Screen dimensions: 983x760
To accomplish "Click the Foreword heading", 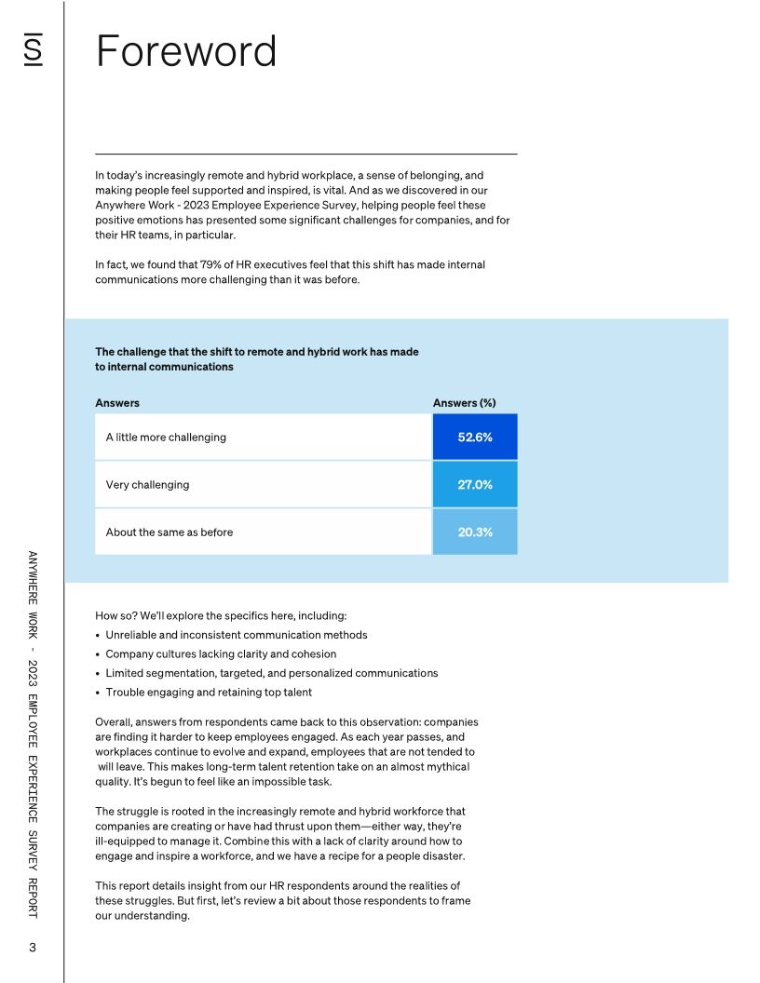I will (x=186, y=51).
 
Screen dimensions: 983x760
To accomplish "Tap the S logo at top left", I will (x=33, y=51).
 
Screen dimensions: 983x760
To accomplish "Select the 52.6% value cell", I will (x=474, y=437).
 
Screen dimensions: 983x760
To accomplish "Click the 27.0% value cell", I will (x=474, y=484).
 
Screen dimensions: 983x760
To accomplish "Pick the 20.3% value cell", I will (x=474, y=532).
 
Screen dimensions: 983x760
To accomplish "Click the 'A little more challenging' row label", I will (x=166, y=437).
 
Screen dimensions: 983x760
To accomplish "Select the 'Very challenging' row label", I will (x=147, y=484).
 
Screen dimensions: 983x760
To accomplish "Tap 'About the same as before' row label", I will (x=170, y=532).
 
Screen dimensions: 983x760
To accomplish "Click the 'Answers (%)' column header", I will (x=464, y=403).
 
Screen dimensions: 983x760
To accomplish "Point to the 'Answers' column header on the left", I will (x=117, y=403).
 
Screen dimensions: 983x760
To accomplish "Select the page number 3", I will (x=33, y=948).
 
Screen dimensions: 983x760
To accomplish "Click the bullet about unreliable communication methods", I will (x=236, y=635).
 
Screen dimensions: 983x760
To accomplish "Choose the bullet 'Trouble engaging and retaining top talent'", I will (x=209, y=692).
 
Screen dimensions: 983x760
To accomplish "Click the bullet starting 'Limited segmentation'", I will (x=271, y=673).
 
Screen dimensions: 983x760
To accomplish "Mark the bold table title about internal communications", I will (x=256, y=359).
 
